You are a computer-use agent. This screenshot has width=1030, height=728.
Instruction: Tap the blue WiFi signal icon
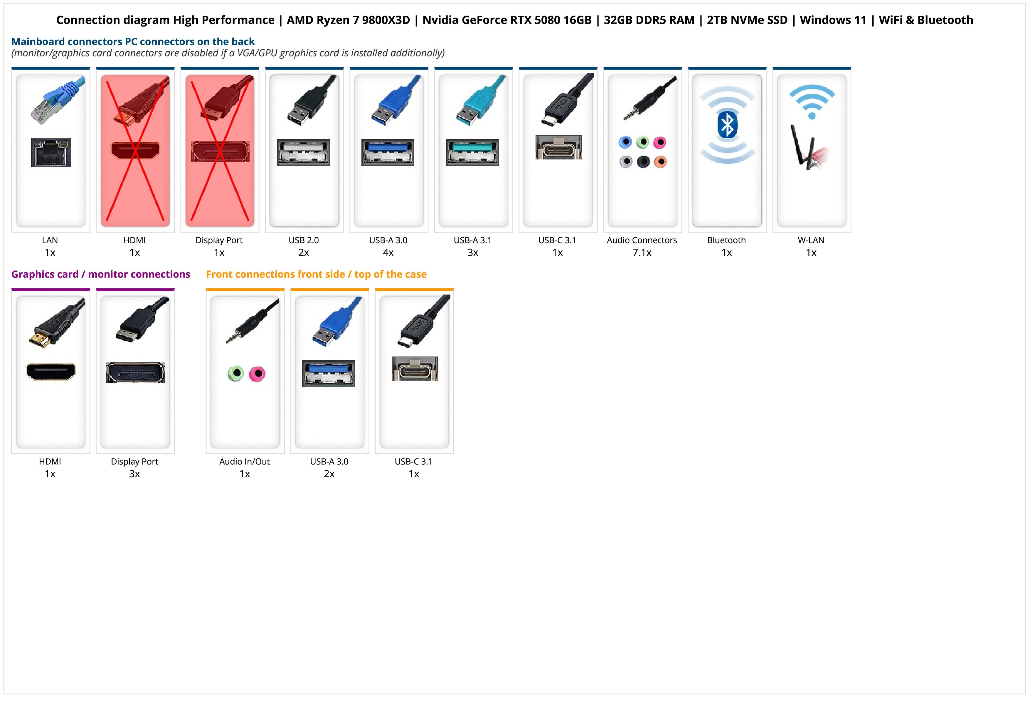[x=812, y=101]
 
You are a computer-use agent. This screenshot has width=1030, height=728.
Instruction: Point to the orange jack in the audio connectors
[x=660, y=162]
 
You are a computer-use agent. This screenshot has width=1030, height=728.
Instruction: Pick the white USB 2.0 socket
[x=303, y=152]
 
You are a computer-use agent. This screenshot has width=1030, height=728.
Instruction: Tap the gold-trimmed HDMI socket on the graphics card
[x=51, y=371]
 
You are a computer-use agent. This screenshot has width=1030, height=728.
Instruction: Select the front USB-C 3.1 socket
[x=415, y=369]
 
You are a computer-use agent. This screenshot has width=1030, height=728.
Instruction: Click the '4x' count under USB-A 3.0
[x=388, y=253]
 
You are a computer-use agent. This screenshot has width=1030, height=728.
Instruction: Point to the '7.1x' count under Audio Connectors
[x=642, y=253]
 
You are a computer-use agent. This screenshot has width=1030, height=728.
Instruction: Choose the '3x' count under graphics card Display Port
[x=134, y=474]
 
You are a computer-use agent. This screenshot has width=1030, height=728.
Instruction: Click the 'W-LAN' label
[x=811, y=240]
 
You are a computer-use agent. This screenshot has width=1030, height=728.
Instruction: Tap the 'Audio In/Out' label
[x=245, y=462]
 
